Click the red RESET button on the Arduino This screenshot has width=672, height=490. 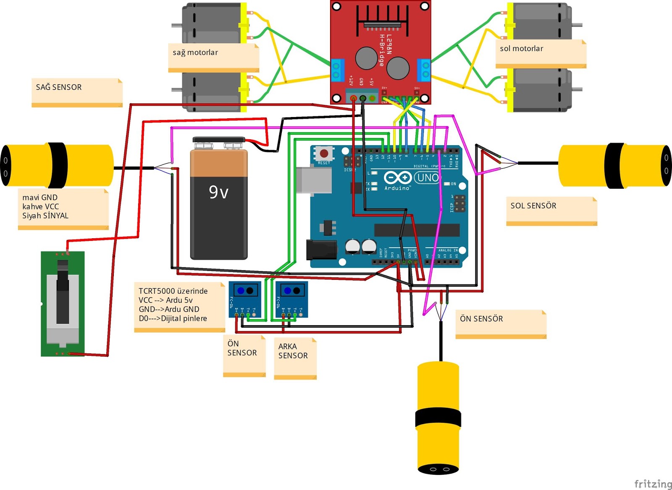point(324,153)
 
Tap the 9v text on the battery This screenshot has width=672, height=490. point(219,192)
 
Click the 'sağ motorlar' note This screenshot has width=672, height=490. point(195,53)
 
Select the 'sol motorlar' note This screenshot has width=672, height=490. point(521,49)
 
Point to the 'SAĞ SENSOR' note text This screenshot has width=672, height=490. point(59,87)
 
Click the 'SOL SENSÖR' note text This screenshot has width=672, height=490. point(533,206)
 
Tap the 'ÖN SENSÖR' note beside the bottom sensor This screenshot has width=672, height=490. point(481,319)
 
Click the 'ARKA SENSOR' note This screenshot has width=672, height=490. point(293,351)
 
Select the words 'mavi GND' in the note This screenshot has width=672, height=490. point(40,197)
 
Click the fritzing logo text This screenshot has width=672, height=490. point(652,484)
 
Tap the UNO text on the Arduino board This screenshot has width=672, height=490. point(428,177)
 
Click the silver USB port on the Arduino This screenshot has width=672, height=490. point(313,180)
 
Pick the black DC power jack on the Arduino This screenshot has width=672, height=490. point(321,249)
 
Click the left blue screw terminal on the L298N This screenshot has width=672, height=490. point(336,70)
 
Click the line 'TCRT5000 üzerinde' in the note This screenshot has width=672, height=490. point(173,291)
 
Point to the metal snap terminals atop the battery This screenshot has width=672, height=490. point(218,145)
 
